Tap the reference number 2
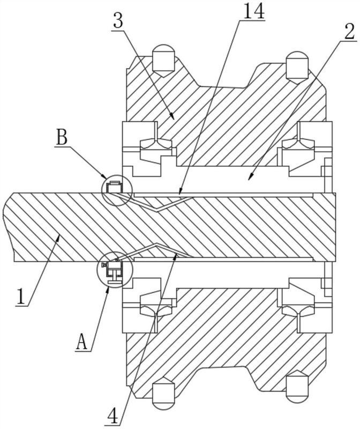pos(349,32)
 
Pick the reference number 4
pos(114,417)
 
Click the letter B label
pos(62,138)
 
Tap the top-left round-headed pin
pos(163,60)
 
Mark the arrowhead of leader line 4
pos(176,256)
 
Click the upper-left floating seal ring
pos(156,143)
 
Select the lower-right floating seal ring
pos(298,309)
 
